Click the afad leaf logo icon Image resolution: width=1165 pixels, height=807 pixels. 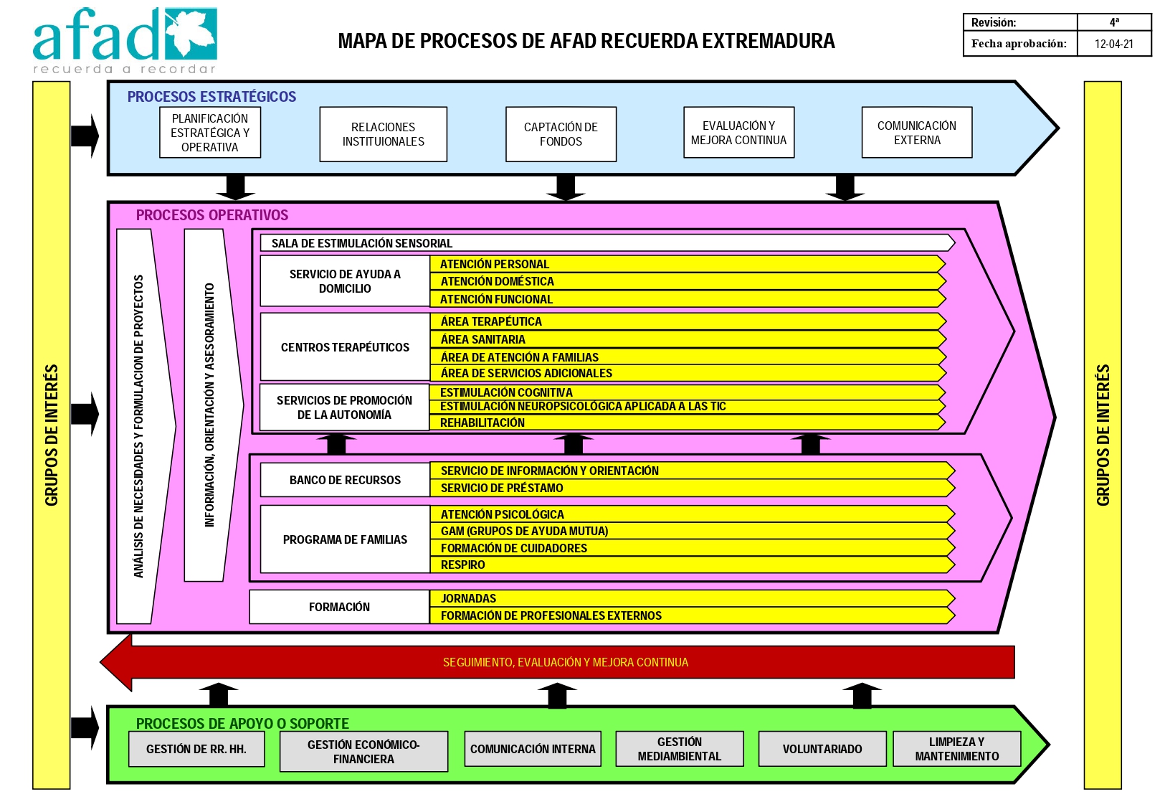tap(191, 34)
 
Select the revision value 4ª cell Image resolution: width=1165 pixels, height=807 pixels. tap(1114, 22)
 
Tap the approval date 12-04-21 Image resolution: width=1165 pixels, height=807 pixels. tap(1114, 44)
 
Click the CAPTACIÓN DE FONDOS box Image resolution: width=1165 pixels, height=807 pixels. tap(561, 134)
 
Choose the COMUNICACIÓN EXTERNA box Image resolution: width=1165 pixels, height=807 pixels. tap(916, 132)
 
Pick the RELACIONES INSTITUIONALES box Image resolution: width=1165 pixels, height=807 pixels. tap(384, 134)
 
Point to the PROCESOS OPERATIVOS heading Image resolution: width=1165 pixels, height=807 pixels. tap(211, 215)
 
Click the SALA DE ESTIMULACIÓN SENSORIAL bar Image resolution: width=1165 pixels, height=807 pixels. tap(607, 243)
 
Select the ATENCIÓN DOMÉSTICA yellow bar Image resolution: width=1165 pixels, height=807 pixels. tap(688, 281)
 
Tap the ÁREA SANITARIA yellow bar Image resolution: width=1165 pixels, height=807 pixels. tap(688, 339)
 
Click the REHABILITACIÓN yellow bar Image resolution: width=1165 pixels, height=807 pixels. tap(687, 423)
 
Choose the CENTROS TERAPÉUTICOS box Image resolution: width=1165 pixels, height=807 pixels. tap(345, 347)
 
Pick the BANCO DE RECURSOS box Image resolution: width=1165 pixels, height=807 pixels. tap(345, 480)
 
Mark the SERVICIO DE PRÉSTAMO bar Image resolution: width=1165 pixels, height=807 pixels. tap(693, 488)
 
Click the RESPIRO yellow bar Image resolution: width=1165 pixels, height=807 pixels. tap(693, 565)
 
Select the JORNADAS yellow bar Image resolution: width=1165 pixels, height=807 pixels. tap(693, 598)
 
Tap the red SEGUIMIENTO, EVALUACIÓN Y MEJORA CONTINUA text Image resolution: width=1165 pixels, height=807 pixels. tap(566, 662)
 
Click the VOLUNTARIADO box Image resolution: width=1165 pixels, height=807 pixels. tap(822, 749)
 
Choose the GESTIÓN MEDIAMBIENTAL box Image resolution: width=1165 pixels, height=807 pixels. tap(679, 749)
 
